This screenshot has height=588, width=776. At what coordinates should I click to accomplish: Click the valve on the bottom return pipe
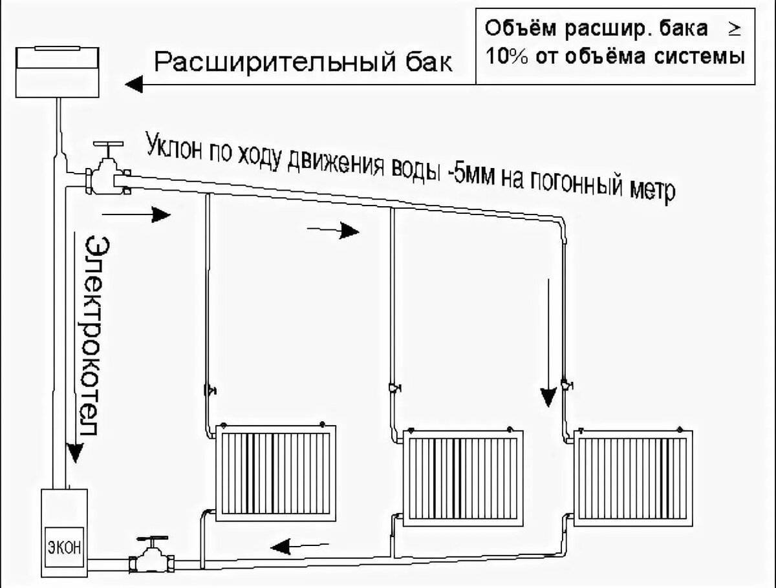tap(153, 554)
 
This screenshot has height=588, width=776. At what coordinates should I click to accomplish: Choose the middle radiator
tap(463, 477)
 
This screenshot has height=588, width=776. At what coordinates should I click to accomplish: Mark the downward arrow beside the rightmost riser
tap(548, 342)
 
